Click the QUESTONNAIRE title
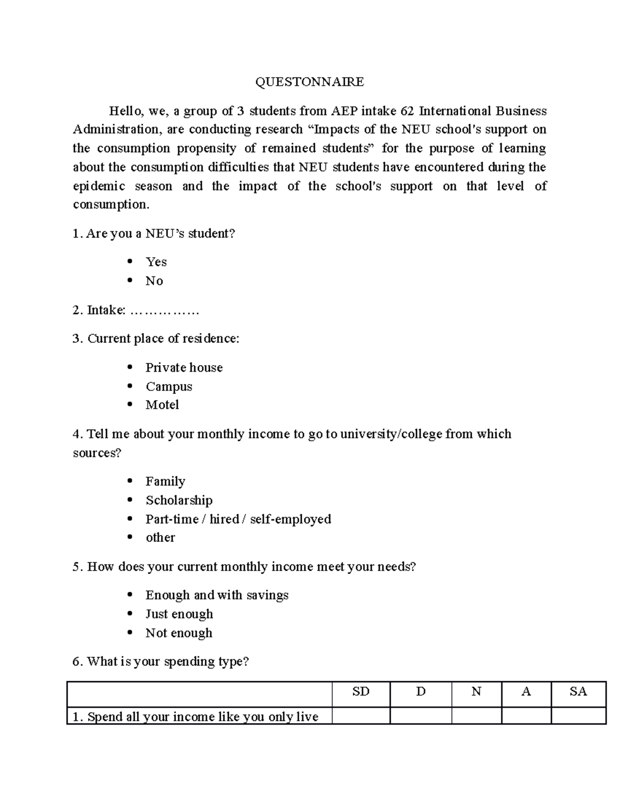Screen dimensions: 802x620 pyautogui.click(x=309, y=82)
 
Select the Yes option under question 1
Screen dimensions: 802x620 pyautogui.click(x=156, y=262)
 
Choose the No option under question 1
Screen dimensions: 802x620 pyautogui.click(x=154, y=281)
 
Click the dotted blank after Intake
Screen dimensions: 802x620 pyautogui.click(x=164, y=310)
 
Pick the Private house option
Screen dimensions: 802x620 pyautogui.click(x=184, y=368)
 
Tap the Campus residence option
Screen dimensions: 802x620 pyautogui.click(x=168, y=387)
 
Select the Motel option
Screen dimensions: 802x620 pyautogui.click(x=162, y=405)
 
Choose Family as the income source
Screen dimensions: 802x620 pyautogui.click(x=165, y=481)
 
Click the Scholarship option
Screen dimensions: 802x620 pyautogui.click(x=179, y=500)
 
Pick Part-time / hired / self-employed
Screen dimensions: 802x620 pyautogui.click(x=238, y=519)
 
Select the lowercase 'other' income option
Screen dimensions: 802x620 pyautogui.click(x=160, y=538)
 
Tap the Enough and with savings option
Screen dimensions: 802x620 pyautogui.click(x=216, y=595)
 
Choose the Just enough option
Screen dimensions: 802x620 pyautogui.click(x=179, y=614)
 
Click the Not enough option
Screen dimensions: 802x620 pyautogui.click(x=179, y=633)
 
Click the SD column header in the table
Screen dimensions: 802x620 pyautogui.click(x=361, y=691)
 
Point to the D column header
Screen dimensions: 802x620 pyautogui.click(x=421, y=691)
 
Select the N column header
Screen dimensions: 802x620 pyautogui.click(x=476, y=691)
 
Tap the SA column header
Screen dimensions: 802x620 pyautogui.click(x=578, y=691)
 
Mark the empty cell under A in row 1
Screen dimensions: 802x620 pyautogui.click(x=526, y=716)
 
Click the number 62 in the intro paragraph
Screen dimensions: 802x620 pyautogui.click(x=408, y=111)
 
